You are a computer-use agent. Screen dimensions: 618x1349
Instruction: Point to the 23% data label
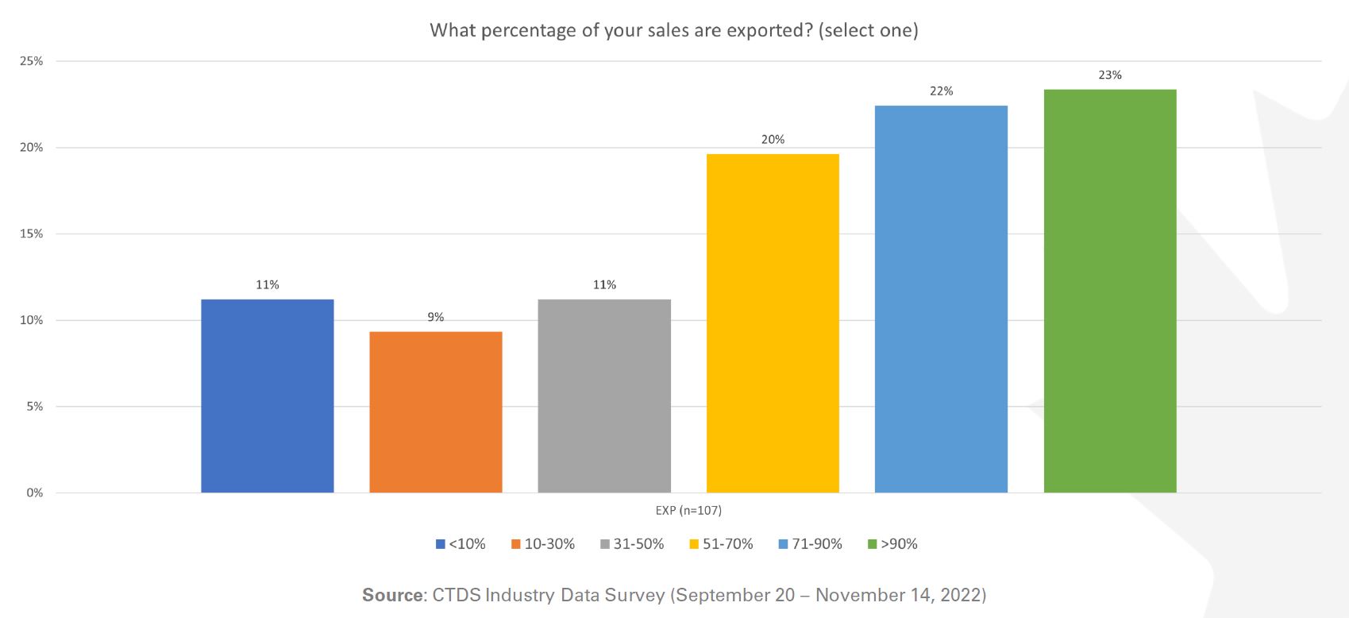(x=1110, y=75)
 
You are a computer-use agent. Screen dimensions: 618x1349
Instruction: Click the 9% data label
(x=436, y=317)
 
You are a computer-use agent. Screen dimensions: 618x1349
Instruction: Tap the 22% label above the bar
(x=941, y=91)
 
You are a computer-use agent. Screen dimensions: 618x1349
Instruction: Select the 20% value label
(x=773, y=140)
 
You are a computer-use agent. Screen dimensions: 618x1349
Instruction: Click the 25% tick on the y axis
(x=32, y=61)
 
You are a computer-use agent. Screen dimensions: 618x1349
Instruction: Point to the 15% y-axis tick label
(x=32, y=234)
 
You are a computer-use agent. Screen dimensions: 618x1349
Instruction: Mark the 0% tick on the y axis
(x=34, y=492)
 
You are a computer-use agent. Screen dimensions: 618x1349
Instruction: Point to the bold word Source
(x=392, y=595)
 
